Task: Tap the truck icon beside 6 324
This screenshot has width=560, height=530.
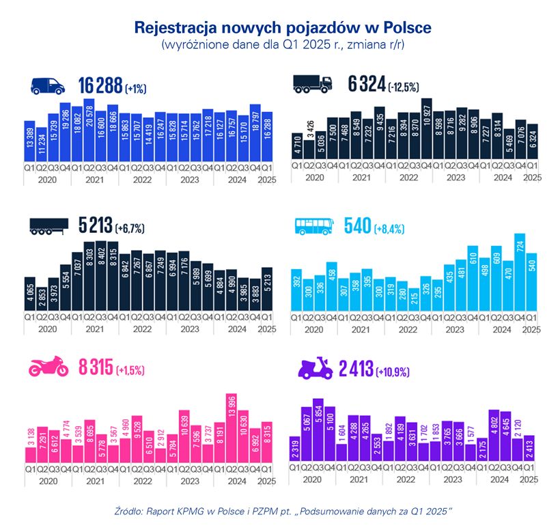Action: coord(312,85)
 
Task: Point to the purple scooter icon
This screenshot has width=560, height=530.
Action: coord(315,369)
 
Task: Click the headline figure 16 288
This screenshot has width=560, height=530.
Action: coord(100,85)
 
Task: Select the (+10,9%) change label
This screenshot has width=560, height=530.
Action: coord(395,372)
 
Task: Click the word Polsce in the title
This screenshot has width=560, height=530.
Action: coord(403,28)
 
